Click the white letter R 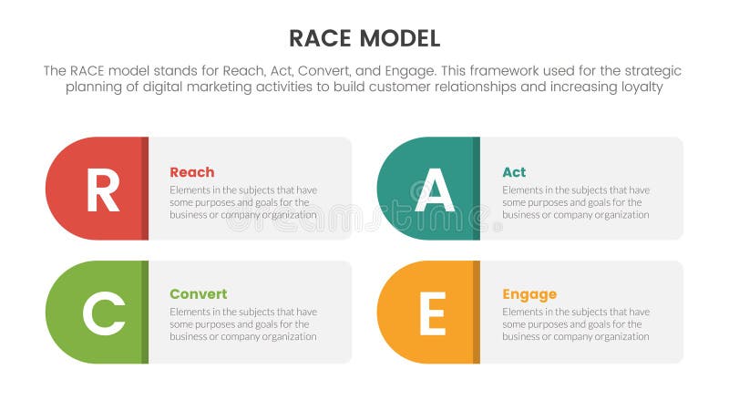[102, 190]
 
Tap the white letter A [434, 190]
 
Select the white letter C [102, 313]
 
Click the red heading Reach [192, 172]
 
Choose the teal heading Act [514, 172]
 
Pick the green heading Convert [199, 294]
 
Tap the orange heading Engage [529, 294]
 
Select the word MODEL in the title [397, 38]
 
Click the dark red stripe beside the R [145, 189]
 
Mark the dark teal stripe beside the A [476, 189]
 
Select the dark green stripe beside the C [145, 313]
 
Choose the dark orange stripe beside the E [476, 313]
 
